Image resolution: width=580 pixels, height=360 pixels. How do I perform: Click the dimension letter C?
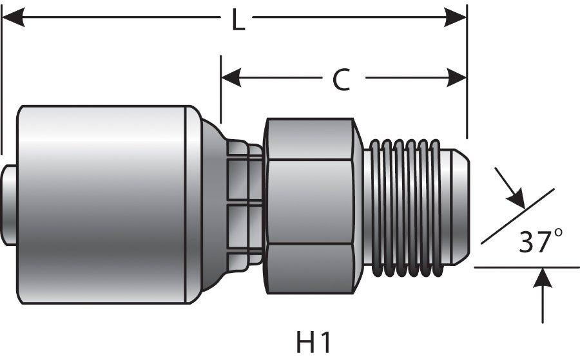coord(341,80)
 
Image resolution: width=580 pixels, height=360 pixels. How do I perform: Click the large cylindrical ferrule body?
coord(103,204)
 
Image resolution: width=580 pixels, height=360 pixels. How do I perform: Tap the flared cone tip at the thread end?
coord(459,204)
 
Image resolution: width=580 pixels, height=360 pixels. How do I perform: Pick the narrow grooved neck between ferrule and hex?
coord(245,204)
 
